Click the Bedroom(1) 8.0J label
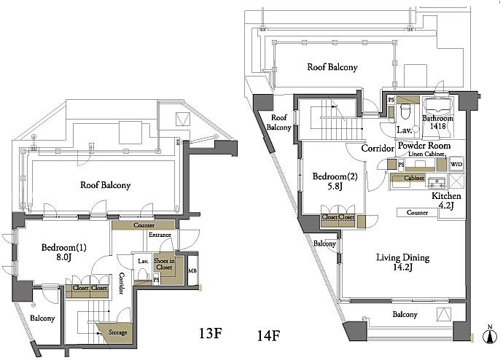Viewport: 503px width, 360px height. pyautogui.click(x=63, y=252)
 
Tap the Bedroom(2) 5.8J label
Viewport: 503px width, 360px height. pyautogui.click(x=335, y=181)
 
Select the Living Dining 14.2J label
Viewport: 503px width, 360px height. pyautogui.click(x=402, y=262)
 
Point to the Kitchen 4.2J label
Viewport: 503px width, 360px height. pyautogui.click(x=446, y=200)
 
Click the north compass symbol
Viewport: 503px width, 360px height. pyautogui.click(x=490, y=334)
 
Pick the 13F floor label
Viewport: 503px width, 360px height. pyautogui.click(x=211, y=333)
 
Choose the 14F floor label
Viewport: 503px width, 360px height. pyautogui.click(x=268, y=336)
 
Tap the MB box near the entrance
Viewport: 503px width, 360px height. pyautogui.click(x=192, y=270)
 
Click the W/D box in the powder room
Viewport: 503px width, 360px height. pyautogui.click(x=456, y=165)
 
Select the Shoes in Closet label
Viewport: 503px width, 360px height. pyautogui.click(x=164, y=264)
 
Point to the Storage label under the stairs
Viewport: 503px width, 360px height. pyautogui.click(x=117, y=332)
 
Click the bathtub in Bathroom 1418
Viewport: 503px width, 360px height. pyautogui.click(x=437, y=109)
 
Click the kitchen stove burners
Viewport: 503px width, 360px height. pyautogui.click(x=437, y=182)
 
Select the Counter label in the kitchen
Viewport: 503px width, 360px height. pyautogui.click(x=417, y=213)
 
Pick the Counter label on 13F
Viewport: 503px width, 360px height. pyautogui.click(x=144, y=225)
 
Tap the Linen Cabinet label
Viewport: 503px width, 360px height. pyautogui.click(x=426, y=154)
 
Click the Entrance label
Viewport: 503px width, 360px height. pyautogui.click(x=160, y=235)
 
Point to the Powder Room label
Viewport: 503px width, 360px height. pyautogui.click(x=424, y=146)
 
